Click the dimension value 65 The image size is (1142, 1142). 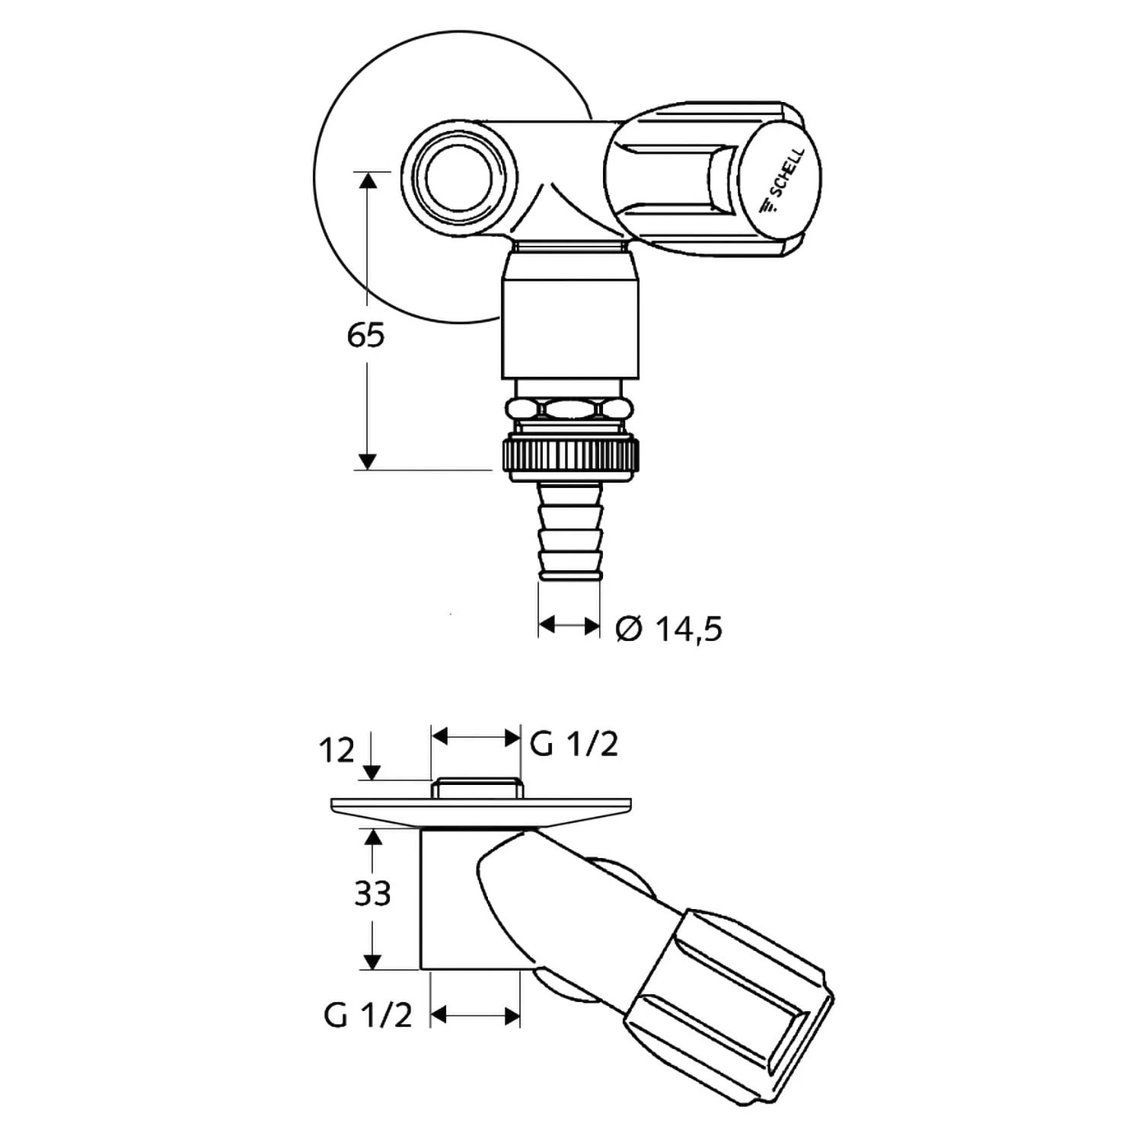[366, 335]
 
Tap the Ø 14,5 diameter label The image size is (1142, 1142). [668, 629]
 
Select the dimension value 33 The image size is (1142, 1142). [373, 894]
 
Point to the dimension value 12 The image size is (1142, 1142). [337, 751]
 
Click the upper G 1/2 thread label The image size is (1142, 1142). [574, 744]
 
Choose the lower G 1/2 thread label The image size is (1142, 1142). [368, 1014]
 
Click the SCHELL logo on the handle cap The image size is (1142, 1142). [782, 182]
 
